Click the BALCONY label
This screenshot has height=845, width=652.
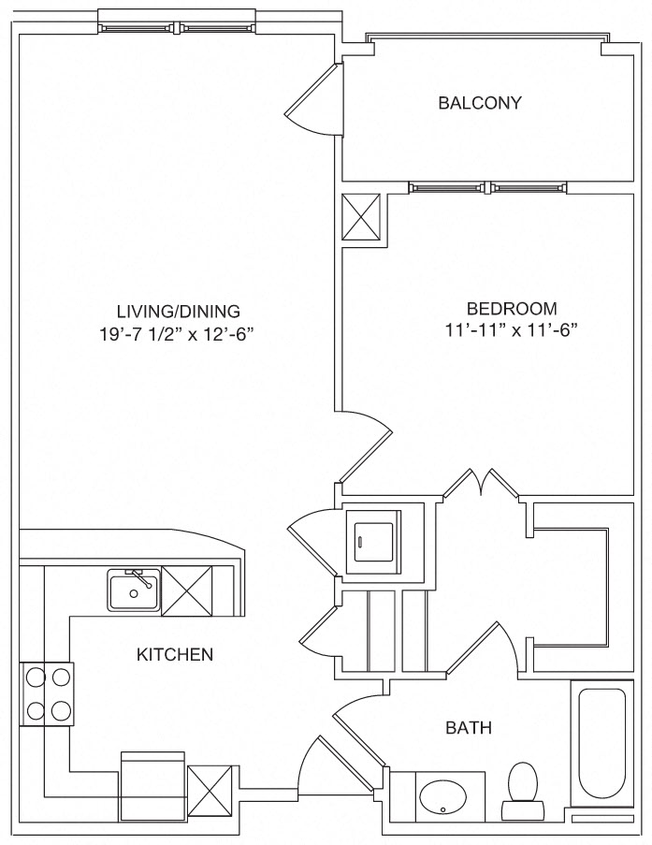(479, 102)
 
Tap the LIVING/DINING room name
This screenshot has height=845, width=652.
(179, 311)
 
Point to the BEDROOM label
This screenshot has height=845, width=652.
(512, 308)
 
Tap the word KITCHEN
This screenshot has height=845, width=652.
(175, 654)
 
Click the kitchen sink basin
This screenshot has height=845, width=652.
(133, 591)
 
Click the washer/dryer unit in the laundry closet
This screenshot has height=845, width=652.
(372, 541)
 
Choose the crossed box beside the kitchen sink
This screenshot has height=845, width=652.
(186, 591)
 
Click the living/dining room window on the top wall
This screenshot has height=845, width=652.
(177, 25)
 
